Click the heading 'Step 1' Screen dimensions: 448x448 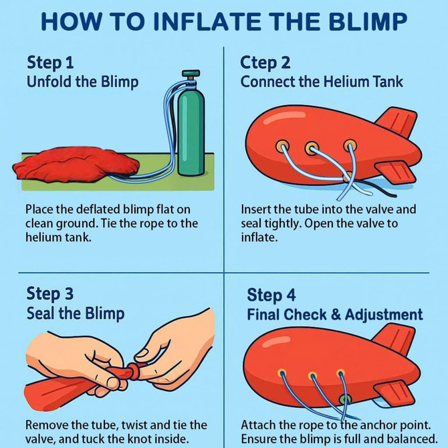coord(50,63)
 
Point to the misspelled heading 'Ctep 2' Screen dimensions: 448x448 coord(265,63)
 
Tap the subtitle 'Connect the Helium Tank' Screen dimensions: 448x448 coord(322,82)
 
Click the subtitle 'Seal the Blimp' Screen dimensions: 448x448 coord(76,313)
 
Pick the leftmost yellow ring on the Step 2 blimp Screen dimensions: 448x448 coord(282,145)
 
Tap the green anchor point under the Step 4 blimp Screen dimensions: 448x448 coord(345,399)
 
